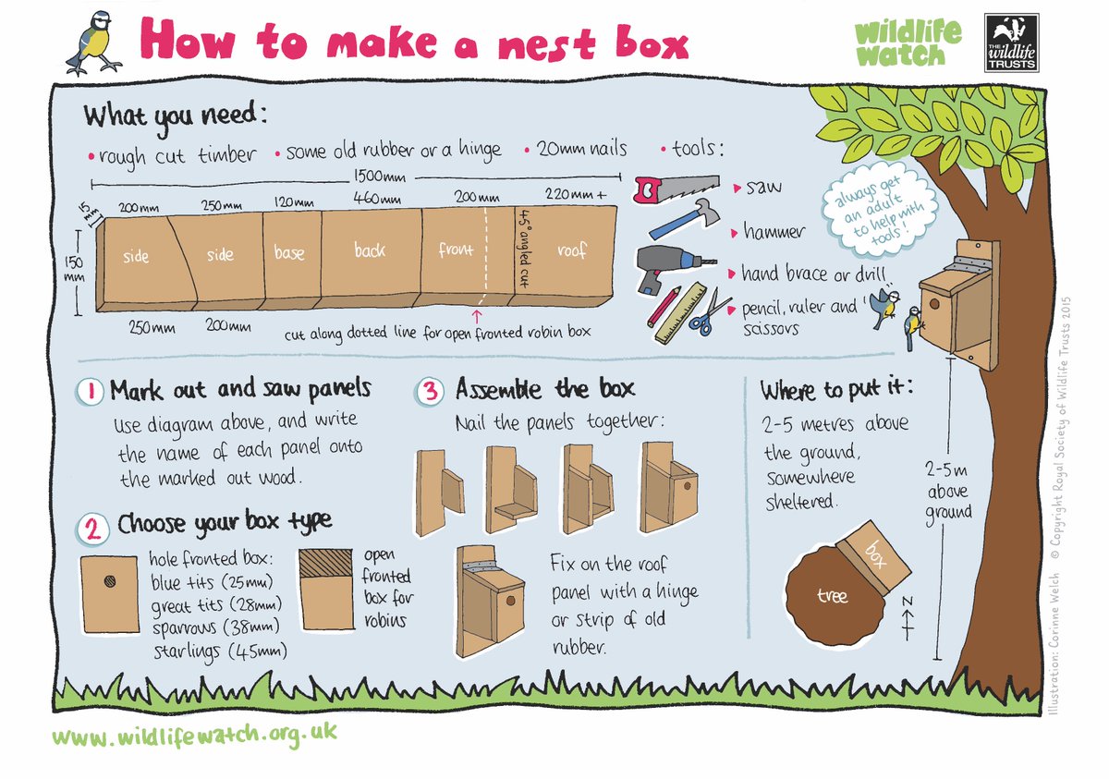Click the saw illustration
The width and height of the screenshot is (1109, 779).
(x=675, y=189)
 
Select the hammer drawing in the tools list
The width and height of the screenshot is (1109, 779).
(x=685, y=219)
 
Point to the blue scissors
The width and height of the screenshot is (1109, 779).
(x=707, y=313)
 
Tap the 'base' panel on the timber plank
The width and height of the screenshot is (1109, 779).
(x=289, y=252)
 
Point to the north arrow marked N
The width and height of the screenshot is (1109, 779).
(x=908, y=614)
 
